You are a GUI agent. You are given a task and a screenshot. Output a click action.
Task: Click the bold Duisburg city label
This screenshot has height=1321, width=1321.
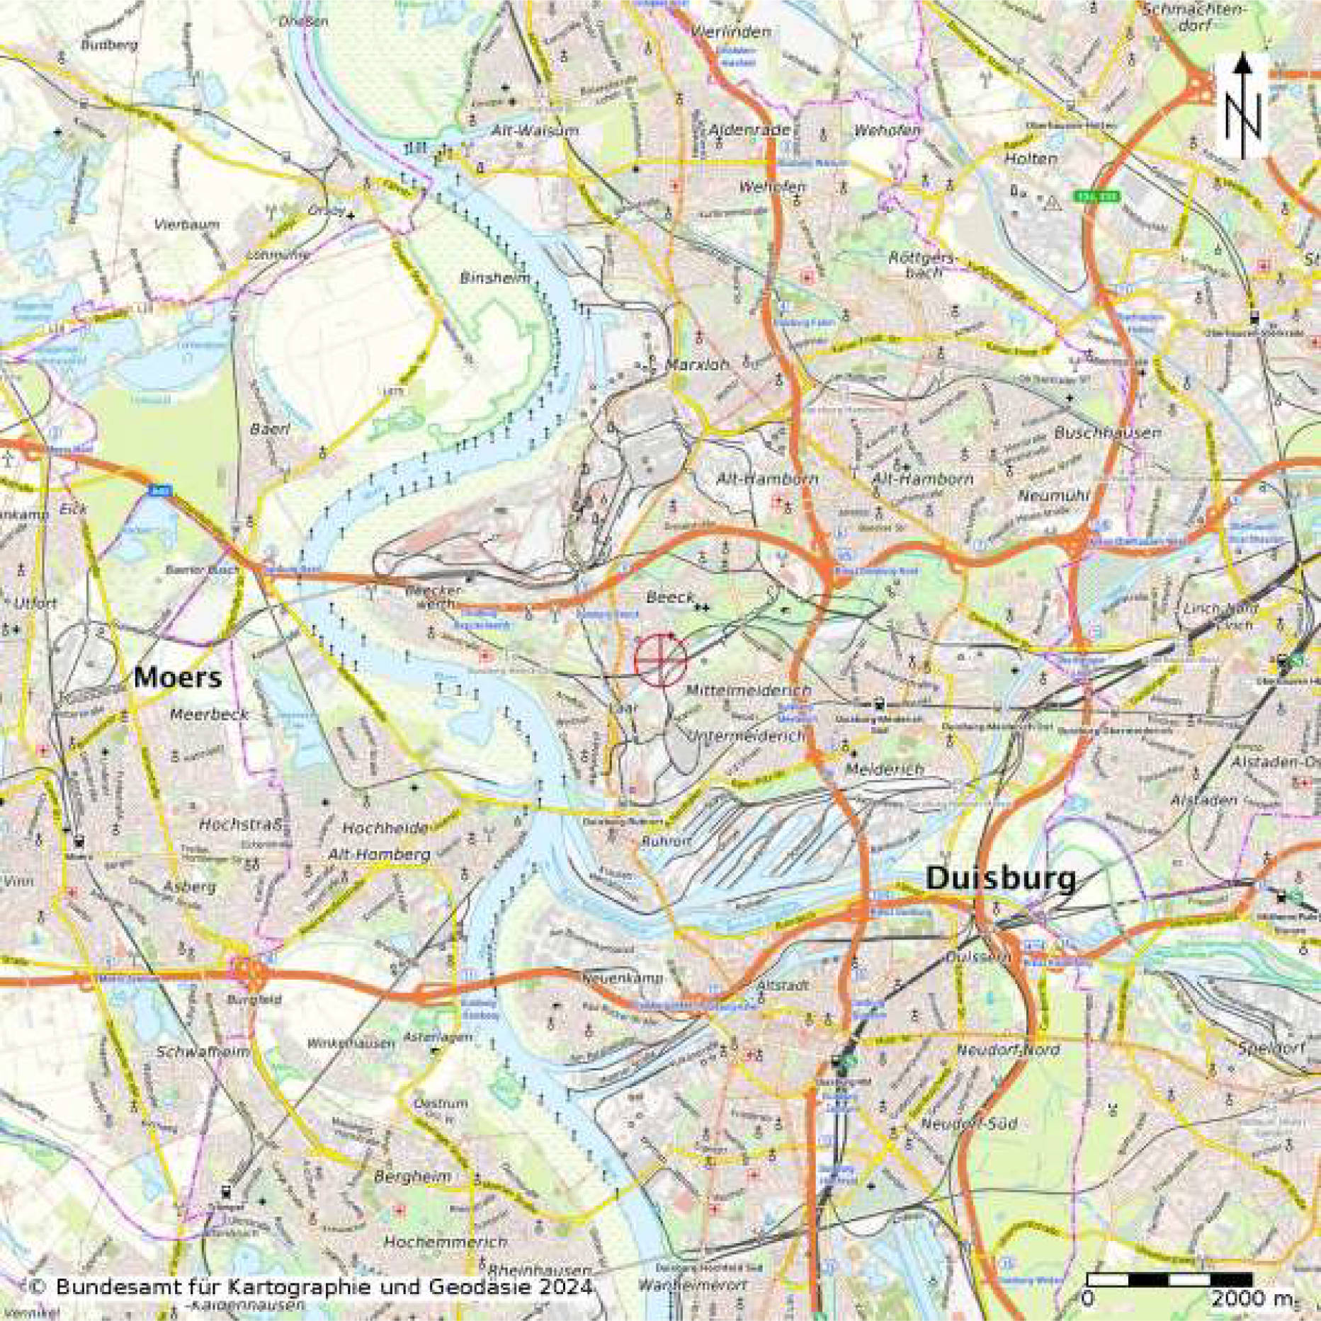1000,879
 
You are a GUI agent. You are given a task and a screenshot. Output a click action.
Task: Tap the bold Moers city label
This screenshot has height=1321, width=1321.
177,677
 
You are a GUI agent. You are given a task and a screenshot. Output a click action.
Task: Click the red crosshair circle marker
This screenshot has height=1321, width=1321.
660,660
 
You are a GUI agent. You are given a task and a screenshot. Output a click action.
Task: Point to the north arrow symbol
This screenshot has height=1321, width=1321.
1242,106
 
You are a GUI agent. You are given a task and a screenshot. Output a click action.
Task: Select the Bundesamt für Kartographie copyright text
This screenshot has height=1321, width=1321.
310,1286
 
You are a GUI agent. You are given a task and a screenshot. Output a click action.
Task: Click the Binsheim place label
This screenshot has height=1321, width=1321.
494,278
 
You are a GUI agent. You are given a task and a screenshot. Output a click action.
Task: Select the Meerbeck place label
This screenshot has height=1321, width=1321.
209,715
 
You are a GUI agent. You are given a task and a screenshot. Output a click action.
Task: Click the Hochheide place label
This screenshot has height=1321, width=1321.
385,827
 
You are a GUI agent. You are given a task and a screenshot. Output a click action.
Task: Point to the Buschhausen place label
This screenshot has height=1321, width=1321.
1107,433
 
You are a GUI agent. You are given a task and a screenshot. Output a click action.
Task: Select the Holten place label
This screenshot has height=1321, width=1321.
1030,159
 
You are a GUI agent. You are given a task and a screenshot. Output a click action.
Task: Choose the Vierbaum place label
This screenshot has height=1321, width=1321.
187,224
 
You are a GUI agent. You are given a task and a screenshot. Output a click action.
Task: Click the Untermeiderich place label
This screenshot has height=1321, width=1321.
747,736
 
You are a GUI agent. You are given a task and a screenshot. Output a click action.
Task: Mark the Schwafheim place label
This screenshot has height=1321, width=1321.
203,1051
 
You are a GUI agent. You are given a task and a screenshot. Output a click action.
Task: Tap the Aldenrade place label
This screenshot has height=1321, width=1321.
749,130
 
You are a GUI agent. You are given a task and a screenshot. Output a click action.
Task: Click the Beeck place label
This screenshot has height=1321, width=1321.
669,598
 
